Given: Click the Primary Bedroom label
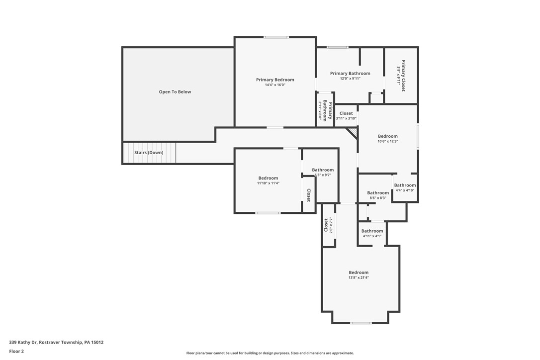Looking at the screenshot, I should [275, 80].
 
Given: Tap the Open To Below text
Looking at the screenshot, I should [175, 92].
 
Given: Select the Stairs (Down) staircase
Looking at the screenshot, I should [149, 153].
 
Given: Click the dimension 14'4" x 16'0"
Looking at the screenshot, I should [275, 85].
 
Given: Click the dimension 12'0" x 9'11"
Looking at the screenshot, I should [350, 79].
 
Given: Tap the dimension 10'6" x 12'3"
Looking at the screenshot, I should [388, 141].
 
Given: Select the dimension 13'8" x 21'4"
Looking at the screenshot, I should [359, 277].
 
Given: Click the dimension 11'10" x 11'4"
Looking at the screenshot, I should [268, 183].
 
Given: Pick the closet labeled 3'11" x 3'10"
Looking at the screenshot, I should [346, 116].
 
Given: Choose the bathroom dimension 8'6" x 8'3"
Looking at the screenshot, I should [378, 198].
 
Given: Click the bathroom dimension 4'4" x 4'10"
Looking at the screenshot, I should [405, 190].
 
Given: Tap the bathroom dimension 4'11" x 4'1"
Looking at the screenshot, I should [372, 236].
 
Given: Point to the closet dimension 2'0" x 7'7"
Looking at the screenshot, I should [331, 225].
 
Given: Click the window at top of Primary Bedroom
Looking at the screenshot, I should [276, 37].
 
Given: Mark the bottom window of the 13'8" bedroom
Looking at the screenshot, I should [360, 323].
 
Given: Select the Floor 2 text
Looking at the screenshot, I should [16, 351].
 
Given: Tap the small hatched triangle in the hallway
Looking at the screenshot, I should [353, 131].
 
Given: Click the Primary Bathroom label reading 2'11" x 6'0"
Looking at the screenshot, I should [325, 110].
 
